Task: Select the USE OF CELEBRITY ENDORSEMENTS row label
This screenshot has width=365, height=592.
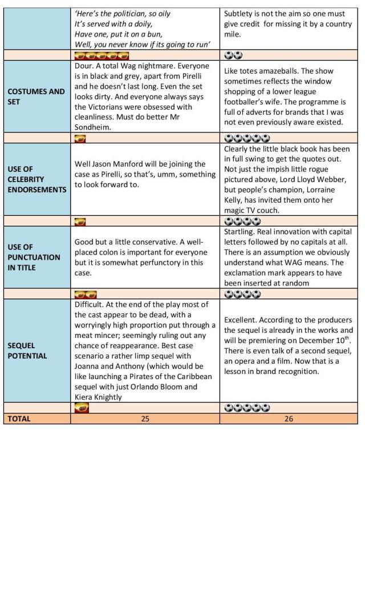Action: (x=36, y=179)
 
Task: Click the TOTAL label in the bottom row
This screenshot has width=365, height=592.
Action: (x=18, y=418)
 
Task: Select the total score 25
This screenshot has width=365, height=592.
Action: (x=145, y=418)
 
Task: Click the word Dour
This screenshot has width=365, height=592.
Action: (x=84, y=66)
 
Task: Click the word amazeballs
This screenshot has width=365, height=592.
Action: (x=285, y=71)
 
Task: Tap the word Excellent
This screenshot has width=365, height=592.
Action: (x=243, y=320)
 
